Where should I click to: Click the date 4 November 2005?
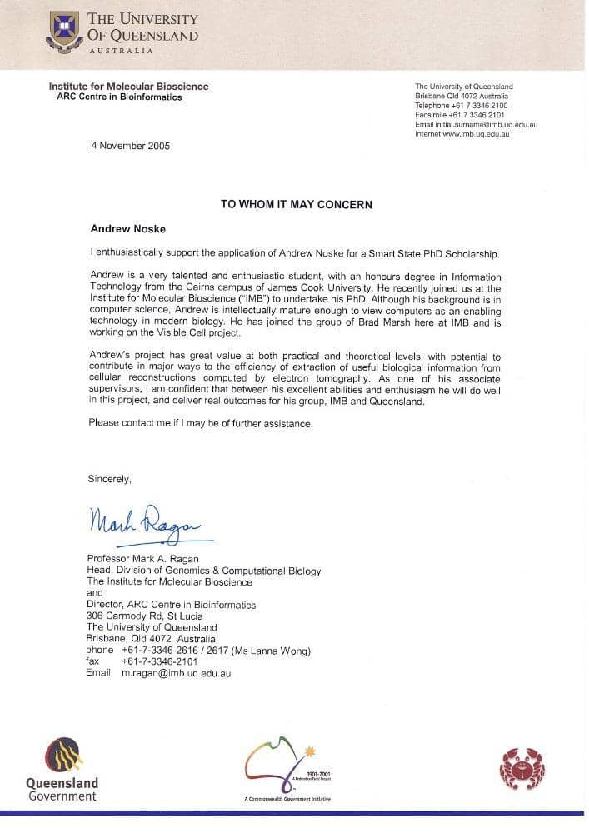click(130, 145)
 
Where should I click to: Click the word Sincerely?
click(110, 479)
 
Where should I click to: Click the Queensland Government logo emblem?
click(62, 755)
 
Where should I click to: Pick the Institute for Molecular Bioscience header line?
click(128, 87)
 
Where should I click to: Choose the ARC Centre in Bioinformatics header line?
click(119, 97)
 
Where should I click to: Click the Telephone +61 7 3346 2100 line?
click(461, 106)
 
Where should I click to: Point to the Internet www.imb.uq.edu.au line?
click(462, 133)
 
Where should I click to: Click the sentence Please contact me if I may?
click(200, 424)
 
